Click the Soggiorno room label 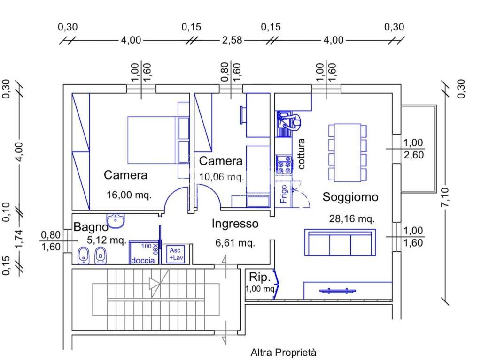click(350, 197)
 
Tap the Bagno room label click(91, 228)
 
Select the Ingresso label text click(235, 224)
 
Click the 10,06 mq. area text click(221, 177)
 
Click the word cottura click(301, 154)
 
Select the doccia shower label click(142, 261)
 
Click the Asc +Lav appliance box click(178, 254)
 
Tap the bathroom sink click(115, 220)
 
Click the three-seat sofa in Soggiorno click(340, 242)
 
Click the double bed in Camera click(152, 140)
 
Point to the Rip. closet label click(259, 276)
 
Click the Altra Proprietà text click(283, 352)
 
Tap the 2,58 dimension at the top click(232, 40)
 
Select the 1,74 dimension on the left click(19, 240)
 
